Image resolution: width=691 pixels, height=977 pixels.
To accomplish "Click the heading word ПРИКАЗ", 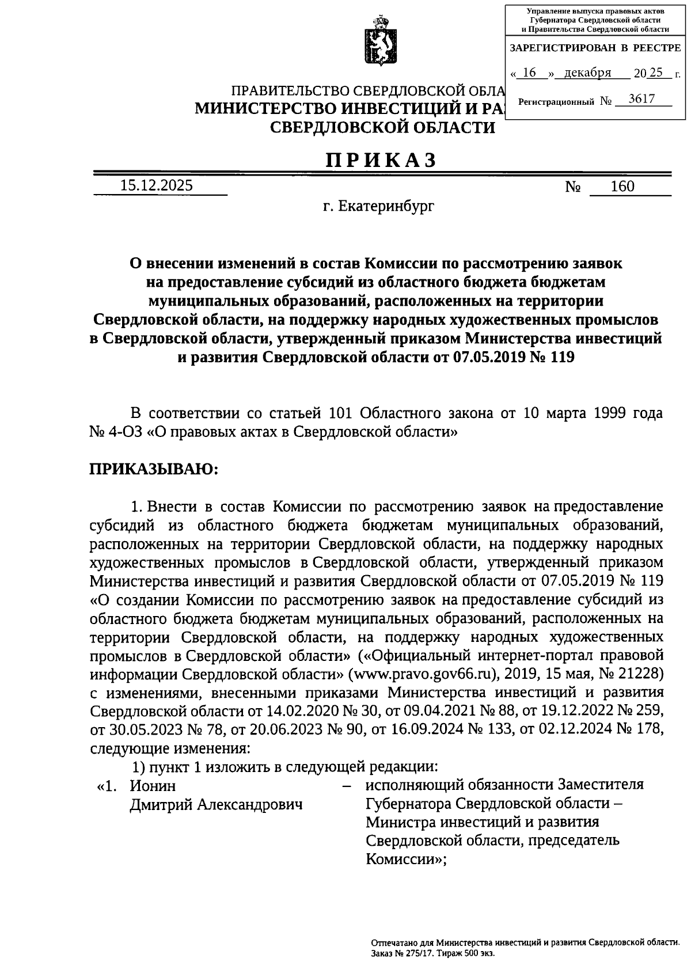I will coord(382,159).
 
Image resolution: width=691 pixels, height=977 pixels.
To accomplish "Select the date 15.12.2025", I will coord(157,185).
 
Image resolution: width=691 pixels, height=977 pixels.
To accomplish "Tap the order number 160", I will coord(622,186).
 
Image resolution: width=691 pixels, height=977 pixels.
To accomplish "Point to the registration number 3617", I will coord(641,98).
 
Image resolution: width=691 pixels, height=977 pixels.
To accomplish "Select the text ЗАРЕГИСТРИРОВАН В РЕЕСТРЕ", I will coord(595,49).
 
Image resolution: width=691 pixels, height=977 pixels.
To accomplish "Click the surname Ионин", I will coord(153,785).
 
